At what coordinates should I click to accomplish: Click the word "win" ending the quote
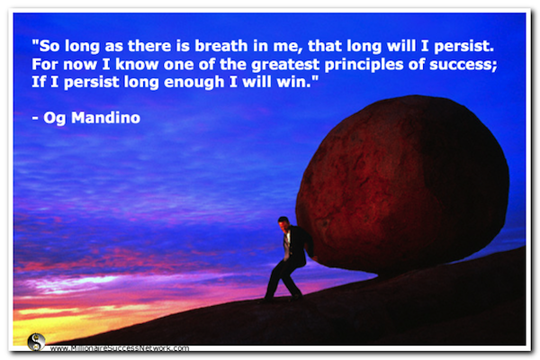pos(305,85)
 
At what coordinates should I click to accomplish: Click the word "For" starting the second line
pos(44,65)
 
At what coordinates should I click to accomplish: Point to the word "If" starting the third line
pos(39,85)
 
